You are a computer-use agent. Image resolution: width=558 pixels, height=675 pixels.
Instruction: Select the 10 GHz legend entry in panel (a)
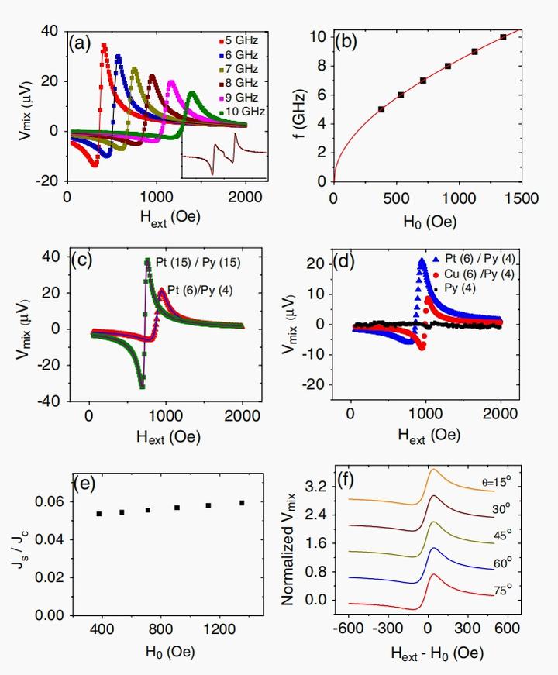coord(241,112)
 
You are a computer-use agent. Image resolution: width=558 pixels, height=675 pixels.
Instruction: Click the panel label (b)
coord(345,42)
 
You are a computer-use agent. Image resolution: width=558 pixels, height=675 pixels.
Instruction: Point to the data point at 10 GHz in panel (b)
coord(503,36)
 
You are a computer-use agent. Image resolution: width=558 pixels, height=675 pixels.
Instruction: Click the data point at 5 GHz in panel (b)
coord(381,109)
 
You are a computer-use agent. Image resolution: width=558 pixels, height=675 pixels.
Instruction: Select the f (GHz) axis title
coord(297,108)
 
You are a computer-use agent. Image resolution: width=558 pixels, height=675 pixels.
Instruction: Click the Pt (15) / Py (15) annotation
coord(197,263)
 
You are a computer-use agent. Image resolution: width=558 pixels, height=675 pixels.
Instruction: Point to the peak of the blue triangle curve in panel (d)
coord(422,262)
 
